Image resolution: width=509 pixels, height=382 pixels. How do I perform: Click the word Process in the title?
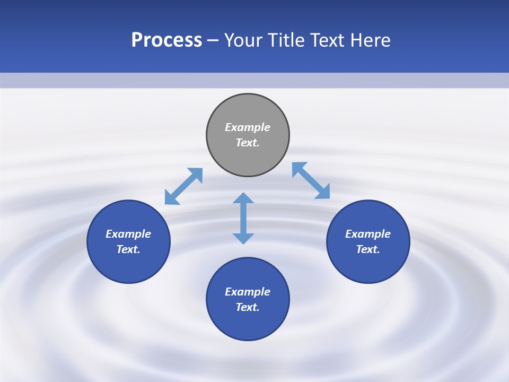click(166, 40)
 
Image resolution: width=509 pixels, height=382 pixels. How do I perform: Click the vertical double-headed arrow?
click(243, 218)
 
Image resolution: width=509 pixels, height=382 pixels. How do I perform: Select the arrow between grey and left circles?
click(183, 186)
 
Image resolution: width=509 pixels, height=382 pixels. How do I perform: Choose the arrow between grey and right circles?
click(311, 180)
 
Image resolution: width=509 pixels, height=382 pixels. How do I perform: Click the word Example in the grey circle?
click(248, 127)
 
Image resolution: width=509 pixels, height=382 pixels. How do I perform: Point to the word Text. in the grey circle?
click(248, 143)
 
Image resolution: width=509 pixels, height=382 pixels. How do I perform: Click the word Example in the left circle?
click(128, 234)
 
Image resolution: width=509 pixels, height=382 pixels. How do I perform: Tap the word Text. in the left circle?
click(128, 249)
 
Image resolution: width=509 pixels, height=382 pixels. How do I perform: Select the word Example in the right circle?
click(368, 234)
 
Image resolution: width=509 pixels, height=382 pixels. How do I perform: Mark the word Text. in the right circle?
click(368, 249)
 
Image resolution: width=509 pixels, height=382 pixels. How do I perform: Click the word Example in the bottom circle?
click(248, 292)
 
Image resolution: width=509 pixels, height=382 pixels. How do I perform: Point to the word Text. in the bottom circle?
click(248, 307)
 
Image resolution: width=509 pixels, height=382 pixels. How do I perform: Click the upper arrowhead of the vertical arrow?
click(243, 199)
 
